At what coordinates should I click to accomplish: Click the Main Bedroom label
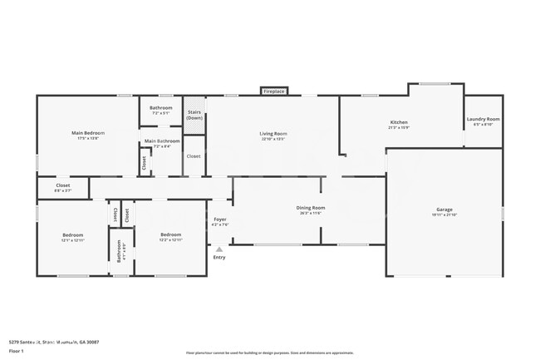coord(87,133)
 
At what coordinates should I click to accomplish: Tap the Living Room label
coord(273,134)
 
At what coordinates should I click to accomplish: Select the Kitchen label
coord(399,123)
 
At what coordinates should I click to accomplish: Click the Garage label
coord(444,210)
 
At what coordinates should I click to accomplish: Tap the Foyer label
coord(220,219)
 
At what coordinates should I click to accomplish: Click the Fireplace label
coord(274,91)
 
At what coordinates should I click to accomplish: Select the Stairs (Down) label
coord(194,115)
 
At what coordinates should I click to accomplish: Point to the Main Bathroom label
coord(161,141)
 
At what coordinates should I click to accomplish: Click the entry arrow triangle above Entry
coord(219,249)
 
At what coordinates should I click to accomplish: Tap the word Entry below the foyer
coord(219,258)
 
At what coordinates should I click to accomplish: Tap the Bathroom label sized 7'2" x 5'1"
coord(161,108)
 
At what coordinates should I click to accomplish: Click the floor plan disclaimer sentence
coord(269,353)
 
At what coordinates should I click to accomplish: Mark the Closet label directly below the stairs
coord(193,155)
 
